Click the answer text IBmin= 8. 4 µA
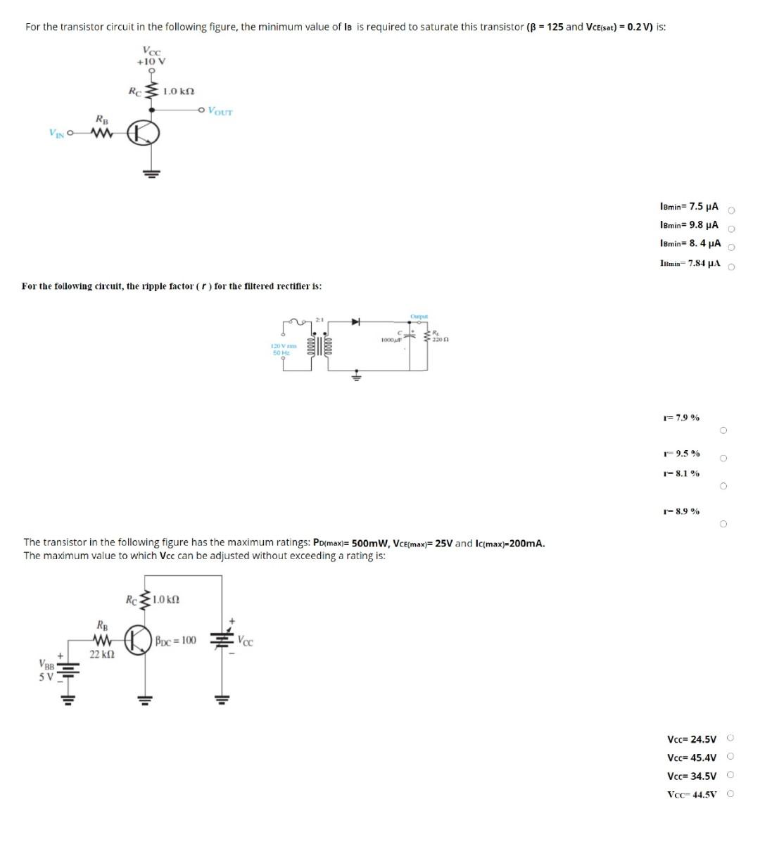click(x=690, y=243)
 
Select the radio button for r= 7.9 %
click(x=723, y=430)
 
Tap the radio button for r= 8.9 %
click(x=723, y=524)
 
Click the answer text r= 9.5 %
click(x=680, y=454)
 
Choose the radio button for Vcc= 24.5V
click(x=731, y=738)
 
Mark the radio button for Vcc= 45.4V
click(x=731, y=757)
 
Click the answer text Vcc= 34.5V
click(x=692, y=776)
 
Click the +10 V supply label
click(x=151, y=61)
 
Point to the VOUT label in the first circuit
click(x=220, y=111)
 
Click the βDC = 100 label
click(x=175, y=640)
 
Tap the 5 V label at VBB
click(x=46, y=677)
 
